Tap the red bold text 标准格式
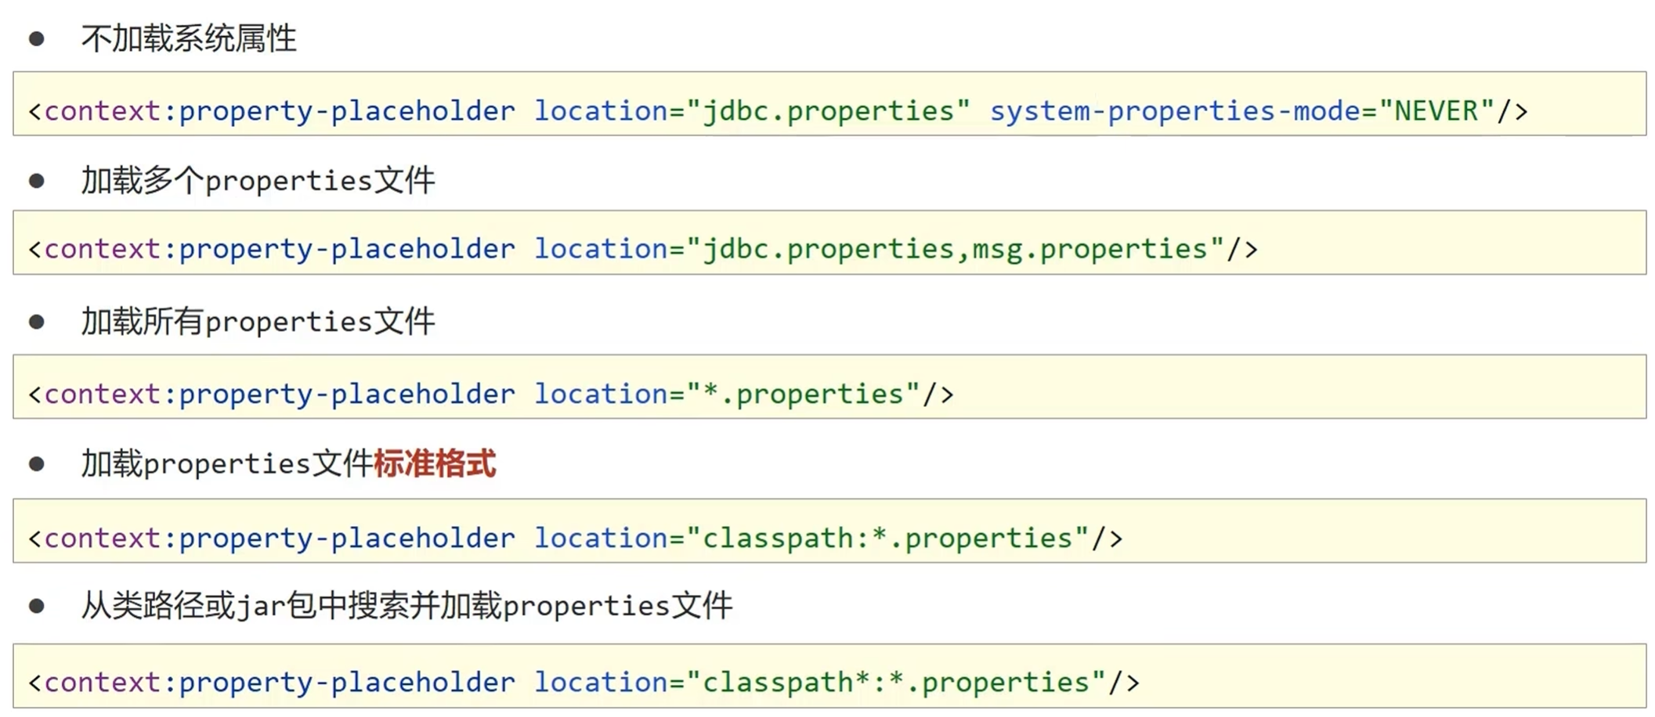pos(435,463)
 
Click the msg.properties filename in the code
pos(1089,249)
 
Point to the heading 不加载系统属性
pos(189,38)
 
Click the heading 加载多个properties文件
pos(258,181)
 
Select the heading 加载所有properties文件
pos(258,322)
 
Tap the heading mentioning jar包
pos(407,606)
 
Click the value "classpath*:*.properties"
pos(896,682)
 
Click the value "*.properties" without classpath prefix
pos(804,394)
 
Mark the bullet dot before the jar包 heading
pos(37,606)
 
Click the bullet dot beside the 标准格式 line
pos(37,464)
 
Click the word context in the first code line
pos(103,110)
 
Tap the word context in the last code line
pos(103,682)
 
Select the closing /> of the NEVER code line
pos(1512,110)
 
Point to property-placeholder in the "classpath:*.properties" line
pos(347,538)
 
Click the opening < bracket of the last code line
pos(34,683)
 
